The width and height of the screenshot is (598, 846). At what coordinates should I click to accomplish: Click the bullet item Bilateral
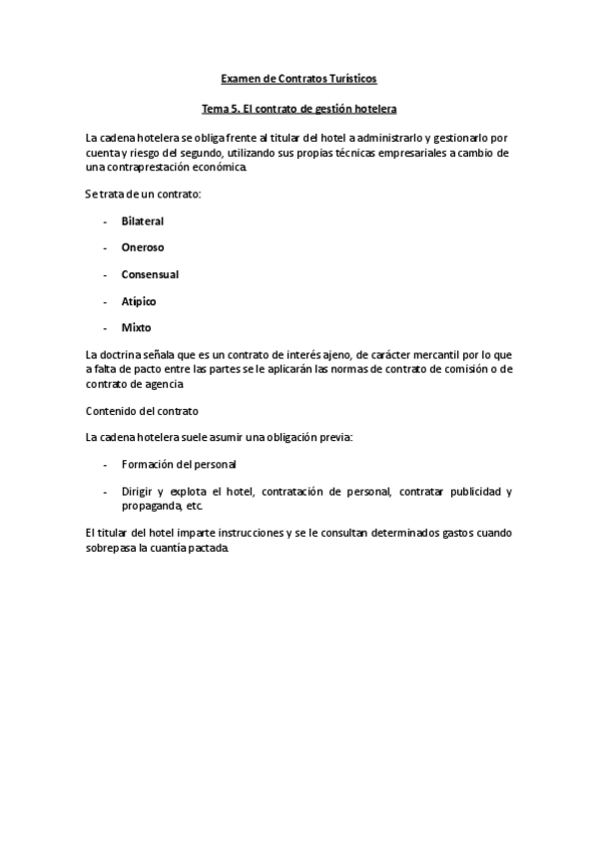click(x=143, y=220)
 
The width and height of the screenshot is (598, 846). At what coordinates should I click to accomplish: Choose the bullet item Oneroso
click(x=143, y=247)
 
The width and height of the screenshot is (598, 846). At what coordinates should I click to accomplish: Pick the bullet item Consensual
click(x=150, y=274)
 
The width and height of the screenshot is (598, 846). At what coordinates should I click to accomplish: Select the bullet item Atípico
click(x=139, y=301)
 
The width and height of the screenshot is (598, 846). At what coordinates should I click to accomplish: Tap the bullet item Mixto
click(x=137, y=328)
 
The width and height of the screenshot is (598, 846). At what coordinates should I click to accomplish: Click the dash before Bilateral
click(x=105, y=220)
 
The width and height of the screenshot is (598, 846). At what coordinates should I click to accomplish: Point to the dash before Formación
click(x=105, y=465)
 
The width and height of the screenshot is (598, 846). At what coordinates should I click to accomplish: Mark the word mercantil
click(x=439, y=356)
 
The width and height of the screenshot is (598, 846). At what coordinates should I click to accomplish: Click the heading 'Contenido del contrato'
click(x=142, y=411)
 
